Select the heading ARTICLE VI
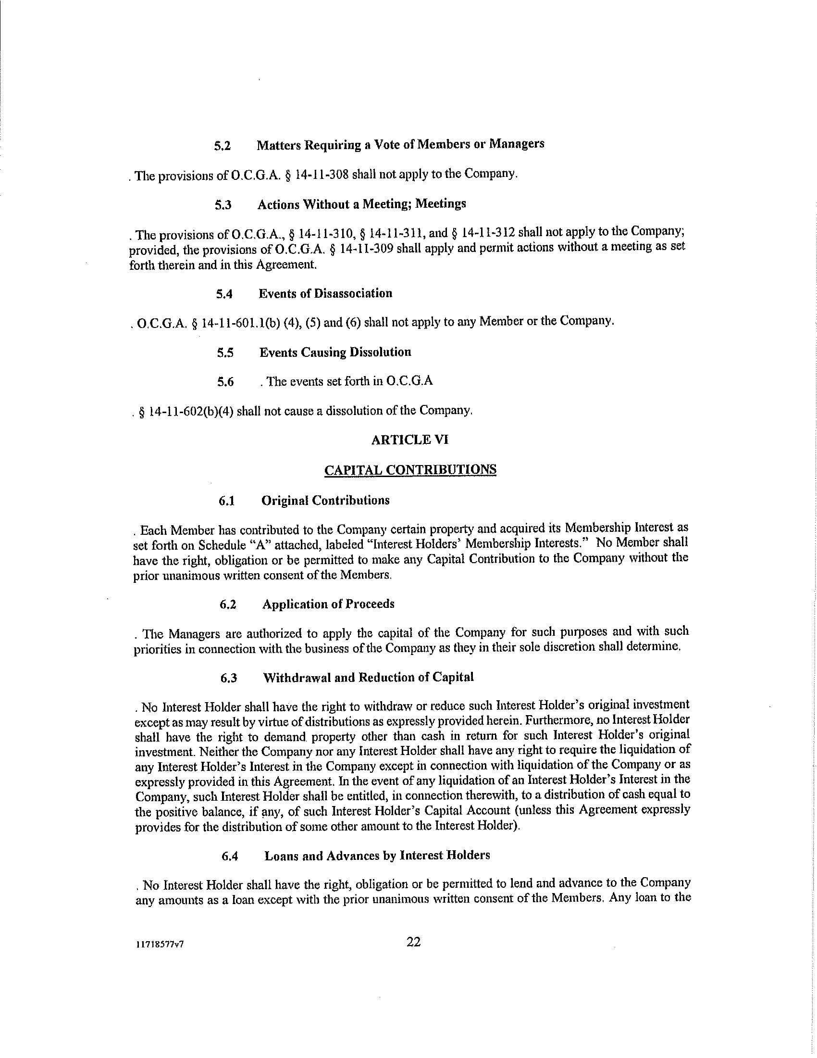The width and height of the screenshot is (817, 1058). (x=410, y=440)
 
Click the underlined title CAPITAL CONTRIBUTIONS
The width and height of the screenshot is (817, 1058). (x=410, y=470)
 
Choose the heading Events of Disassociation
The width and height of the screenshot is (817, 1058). (x=325, y=293)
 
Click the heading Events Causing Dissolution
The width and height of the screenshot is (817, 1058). (x=335, y=352)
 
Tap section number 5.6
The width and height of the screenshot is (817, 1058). (x=225, y=382)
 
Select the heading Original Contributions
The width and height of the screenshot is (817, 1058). (x=325, y=501)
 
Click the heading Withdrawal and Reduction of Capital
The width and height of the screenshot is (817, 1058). (x=368, y=677)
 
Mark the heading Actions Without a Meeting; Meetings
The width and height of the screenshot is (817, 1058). (x=361, y=204)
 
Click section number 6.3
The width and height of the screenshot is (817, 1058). (x=228, y=678)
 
